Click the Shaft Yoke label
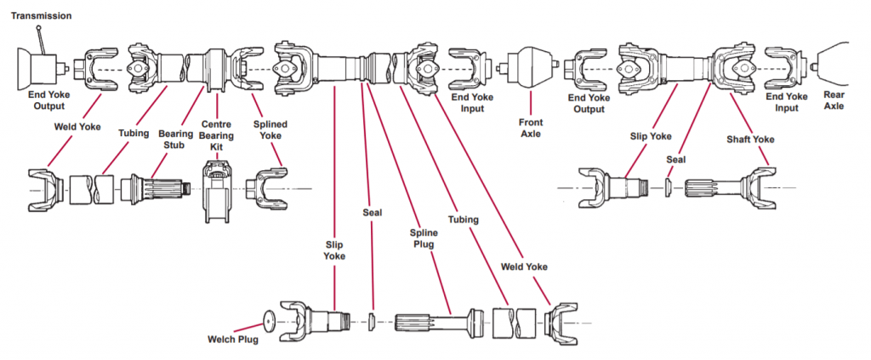pyautogui.click(x=749, y=138)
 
